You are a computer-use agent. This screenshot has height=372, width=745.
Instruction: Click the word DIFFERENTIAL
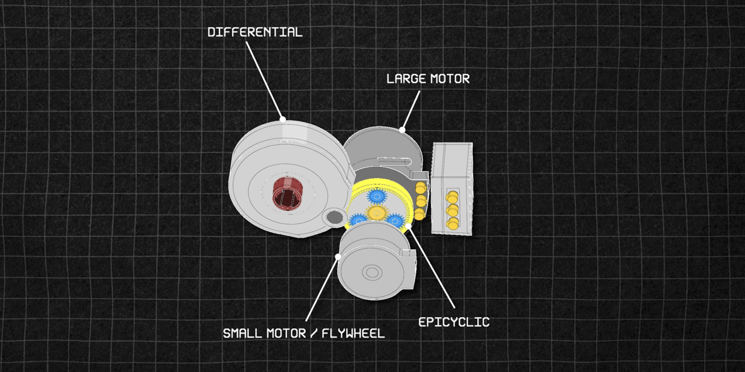[255, 32]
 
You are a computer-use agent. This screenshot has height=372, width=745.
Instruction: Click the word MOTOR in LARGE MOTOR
[450, 79]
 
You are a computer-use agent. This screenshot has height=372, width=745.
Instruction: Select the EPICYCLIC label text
[454, 322]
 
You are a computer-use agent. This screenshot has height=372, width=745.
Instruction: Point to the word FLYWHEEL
[353, 333]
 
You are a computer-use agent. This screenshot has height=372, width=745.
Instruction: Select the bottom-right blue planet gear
[395, 221]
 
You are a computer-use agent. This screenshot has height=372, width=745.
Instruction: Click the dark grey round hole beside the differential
[334, 217]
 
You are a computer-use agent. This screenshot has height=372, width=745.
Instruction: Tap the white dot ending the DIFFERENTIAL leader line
[283, 119]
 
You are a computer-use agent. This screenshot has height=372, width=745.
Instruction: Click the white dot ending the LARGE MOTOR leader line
[402, 130]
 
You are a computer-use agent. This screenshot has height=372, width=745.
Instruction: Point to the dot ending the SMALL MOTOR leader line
[338, 257]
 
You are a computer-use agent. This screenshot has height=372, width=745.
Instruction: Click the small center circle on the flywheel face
[372, 273]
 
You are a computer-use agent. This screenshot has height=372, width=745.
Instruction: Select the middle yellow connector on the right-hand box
[452, 209]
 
